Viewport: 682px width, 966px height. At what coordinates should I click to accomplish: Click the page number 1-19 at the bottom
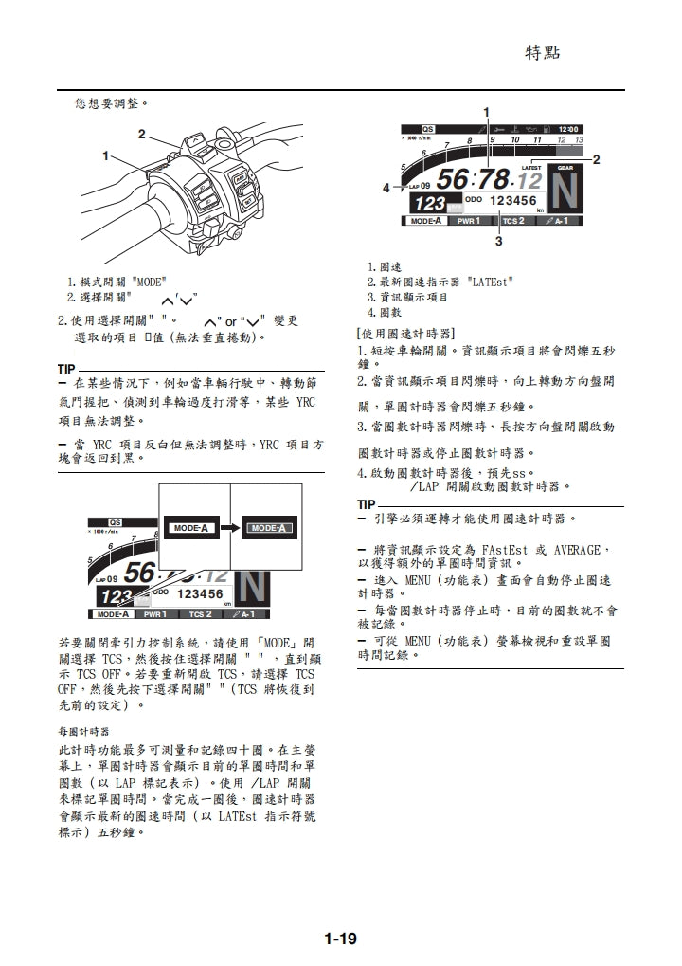coord(340,939)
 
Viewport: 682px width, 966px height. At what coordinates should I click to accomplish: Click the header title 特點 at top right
coord(543,52)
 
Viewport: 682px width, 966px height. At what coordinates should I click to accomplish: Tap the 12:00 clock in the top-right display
coord(569,129)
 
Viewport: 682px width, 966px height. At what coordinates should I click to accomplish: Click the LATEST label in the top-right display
coord(531,167)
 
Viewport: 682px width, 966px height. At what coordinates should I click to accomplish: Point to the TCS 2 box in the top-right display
coord(514,221)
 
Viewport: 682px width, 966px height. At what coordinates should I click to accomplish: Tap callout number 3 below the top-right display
coord(499,242)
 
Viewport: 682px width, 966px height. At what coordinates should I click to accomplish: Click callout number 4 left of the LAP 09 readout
coord(386,188)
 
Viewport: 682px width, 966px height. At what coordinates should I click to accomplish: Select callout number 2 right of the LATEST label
coord(596,160)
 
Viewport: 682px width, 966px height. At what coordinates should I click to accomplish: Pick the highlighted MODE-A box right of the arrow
coord(267,528)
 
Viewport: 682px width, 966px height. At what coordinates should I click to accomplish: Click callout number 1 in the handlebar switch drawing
coord(107,155)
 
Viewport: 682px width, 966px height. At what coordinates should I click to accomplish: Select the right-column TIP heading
coord(366,504)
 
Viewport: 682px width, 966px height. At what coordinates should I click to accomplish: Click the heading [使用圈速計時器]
coord(404,334)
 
